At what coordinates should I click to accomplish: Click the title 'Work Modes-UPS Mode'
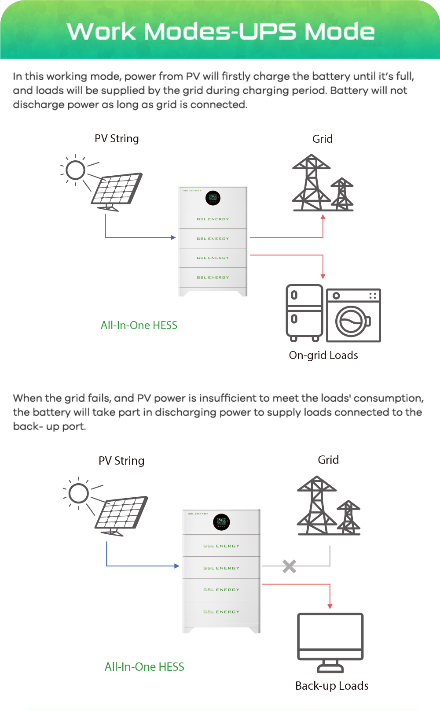click(x=220, y=31)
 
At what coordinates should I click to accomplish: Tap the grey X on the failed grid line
click(x=289, y=566)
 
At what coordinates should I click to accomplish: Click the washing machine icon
click(x=353, y=315)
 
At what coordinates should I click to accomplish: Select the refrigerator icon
click(x=304, y=313)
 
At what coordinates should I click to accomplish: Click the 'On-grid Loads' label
click(x=323, y=355)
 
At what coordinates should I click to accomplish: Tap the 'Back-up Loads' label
click(x=332, y=686)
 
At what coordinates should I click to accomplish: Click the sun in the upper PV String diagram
click(x=75, y=170)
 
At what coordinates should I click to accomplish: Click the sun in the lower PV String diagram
click(x=79, y=493)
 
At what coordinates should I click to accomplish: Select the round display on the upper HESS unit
click(x=213, y=198)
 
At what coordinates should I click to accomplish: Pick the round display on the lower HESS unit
click(x=221, y=522)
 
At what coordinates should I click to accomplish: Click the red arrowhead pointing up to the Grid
click(x=323, y=217)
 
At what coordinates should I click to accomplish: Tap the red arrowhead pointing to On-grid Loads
click(x=323, y=276)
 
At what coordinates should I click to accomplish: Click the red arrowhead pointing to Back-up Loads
click(x=330, y=606)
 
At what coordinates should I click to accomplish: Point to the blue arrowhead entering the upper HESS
click(x=173, y=237)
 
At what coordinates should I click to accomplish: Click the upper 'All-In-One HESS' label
click(x=139, y=325)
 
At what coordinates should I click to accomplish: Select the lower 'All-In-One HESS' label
click(x=144, y=667)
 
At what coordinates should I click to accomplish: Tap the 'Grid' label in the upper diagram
click(x=323, y=139)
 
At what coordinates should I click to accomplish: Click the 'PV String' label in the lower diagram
click(x=121, y=461)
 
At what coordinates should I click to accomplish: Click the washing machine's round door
click(x=351, y=321)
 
